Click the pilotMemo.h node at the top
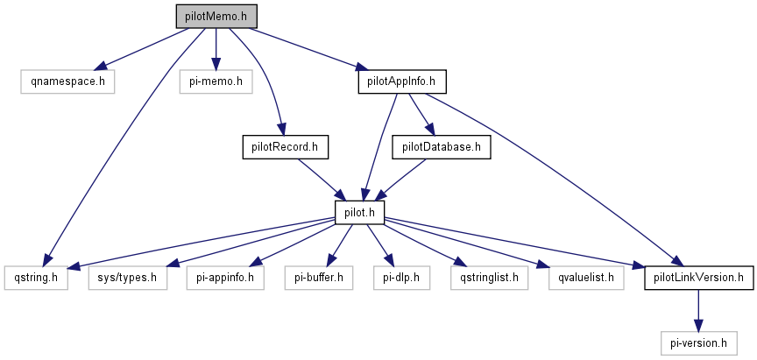click(216, 16)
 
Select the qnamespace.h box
click(68, 81)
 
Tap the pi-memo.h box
click(216, 81)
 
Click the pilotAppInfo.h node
click(402, 81)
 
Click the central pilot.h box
click(359, 212)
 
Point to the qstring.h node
click(36, 278)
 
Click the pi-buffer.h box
click(319, 278)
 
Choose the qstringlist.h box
click(485, 278)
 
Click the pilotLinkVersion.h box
click(698, 278)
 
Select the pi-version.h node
click(698, 342)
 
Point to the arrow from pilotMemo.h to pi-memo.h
click(216, 48)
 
